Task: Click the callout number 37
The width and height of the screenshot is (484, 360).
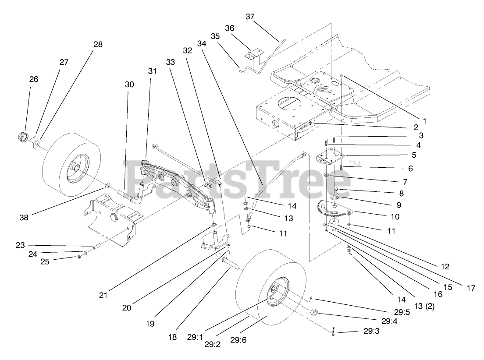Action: pos(250,17)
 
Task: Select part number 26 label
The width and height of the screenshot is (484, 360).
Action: pos(33,79)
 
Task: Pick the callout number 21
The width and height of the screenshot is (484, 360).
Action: pos(103,296)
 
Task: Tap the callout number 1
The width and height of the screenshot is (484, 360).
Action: pos(424,120)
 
